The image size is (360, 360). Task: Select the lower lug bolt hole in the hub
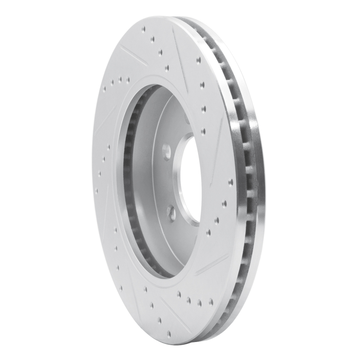(x=171, y=212)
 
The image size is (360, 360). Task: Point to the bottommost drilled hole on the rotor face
(x=169, y=333)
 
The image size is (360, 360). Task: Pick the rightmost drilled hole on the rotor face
(x=231, y=182)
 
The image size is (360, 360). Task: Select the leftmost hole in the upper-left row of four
(x=104, y=89)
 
